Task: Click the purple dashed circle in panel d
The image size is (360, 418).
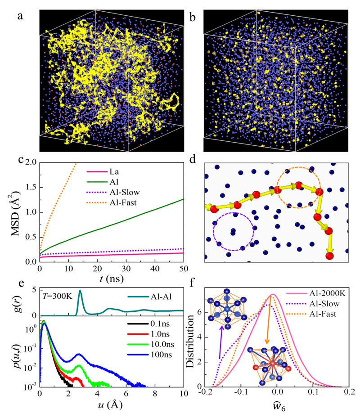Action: click(234, 231)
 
